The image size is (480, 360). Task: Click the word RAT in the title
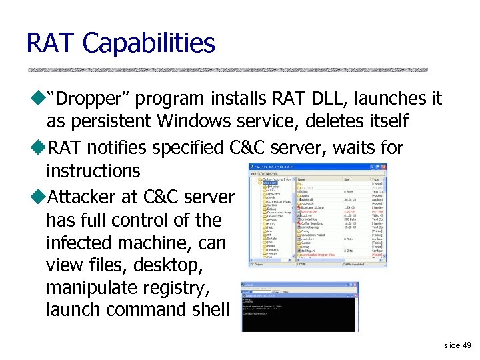pyautogui.click(x=51, y=44)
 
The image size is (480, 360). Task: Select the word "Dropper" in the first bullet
pyautogui.click(x=92, y=99)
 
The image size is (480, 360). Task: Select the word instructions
pyautogui.click(x=93, y=171)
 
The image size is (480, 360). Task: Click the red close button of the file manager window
pyautogui.click(x=383, y=167)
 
